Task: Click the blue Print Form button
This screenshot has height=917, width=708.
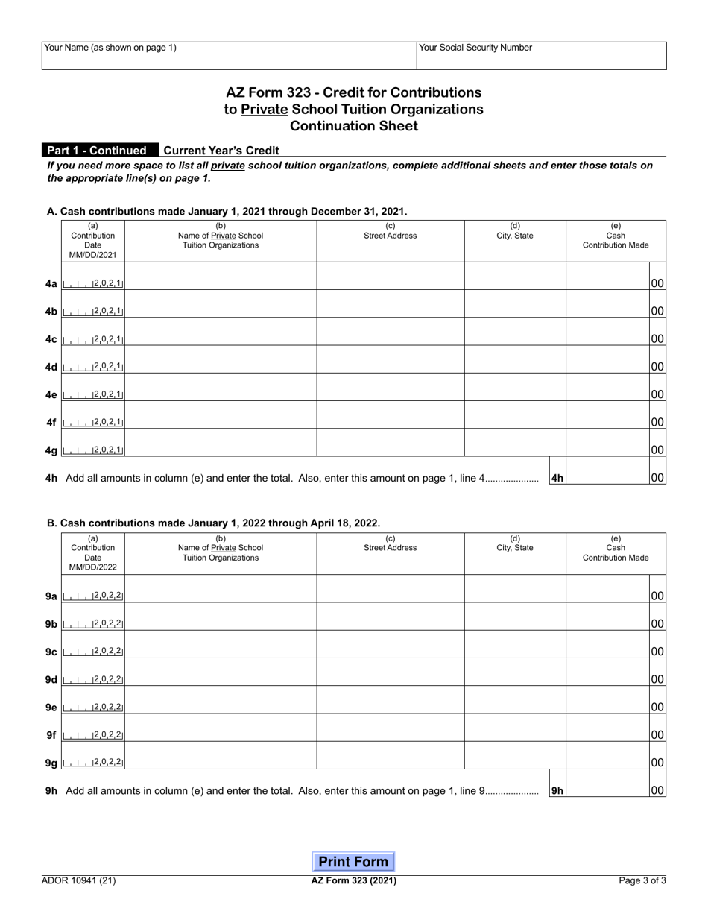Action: [353, 862]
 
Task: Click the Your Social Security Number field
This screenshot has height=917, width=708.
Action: [541, 57]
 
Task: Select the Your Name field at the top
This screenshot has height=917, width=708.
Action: [228, 57]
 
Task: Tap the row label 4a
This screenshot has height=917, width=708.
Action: [51, 284]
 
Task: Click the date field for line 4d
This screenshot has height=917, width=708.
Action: [93, 367]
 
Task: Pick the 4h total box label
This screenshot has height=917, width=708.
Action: [557, 478]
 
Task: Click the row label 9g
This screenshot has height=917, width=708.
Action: [51, 763]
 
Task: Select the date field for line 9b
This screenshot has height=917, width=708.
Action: [93, 624]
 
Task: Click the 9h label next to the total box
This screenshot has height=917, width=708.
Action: [557, 790]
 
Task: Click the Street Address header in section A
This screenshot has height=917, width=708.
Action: [390, 236]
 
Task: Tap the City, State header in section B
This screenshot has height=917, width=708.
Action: [515, 548]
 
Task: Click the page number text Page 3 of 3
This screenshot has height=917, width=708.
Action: [642, 880]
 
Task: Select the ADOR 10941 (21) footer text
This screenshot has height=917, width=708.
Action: [79, 880]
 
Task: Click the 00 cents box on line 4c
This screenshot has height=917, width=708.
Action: [657, 339]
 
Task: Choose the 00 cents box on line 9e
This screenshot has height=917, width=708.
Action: [657, 707]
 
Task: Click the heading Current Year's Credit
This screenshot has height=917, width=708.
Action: [221, 151]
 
